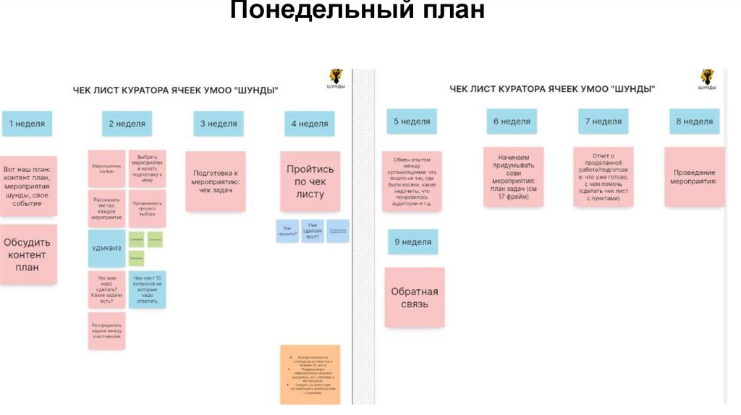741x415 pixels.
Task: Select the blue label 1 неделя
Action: [27, 124]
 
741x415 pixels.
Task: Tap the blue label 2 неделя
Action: [127, 124]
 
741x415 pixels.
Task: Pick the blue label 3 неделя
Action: [218, 124]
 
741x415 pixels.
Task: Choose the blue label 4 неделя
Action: [310, 124]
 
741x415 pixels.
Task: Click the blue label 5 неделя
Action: [412, 121]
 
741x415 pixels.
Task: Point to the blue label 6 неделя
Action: [512, 121]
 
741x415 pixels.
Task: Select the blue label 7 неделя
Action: [604, 121]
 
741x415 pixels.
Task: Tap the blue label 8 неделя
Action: [694, 121]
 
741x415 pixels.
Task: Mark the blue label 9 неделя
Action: [412, 242]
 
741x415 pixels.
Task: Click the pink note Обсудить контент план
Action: [29, 255]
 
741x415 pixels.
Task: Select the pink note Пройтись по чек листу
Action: [310, 181]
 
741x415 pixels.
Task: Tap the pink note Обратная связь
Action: [415, 298]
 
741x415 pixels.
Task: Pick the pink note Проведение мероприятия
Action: [694, 177]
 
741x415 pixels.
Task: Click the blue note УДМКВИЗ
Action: [106, 248]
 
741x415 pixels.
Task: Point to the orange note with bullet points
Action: [310, 375]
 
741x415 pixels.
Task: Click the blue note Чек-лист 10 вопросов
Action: [147, 289]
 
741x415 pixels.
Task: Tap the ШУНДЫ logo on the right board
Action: [706, 78]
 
